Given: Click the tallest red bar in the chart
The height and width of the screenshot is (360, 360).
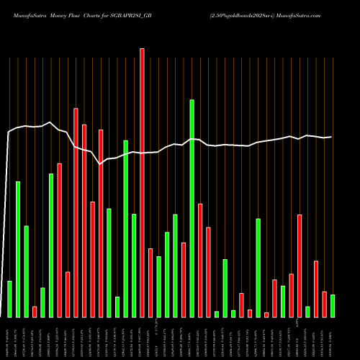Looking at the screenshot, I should pos(142,183).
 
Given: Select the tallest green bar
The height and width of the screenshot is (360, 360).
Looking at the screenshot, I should pos(192,208).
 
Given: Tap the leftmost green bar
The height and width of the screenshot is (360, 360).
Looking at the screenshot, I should pos(9,299).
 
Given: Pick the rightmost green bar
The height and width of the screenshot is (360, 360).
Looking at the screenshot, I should pos(333,305).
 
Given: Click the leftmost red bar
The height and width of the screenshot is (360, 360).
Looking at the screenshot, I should pos(35,311).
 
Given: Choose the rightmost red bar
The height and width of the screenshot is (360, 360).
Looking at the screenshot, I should pos(324,304).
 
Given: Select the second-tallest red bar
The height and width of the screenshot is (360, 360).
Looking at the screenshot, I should pos(76,212).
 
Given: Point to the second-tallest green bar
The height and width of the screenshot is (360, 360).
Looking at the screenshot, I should pos(125,228).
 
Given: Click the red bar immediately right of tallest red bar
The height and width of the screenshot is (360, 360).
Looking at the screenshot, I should pos(150,282).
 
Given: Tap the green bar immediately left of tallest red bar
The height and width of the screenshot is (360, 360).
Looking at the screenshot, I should pos(134,265).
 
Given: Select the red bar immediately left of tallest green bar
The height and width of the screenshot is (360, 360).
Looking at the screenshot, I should pos(184,279).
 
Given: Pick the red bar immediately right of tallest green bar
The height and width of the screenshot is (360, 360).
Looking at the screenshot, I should pos(200,260).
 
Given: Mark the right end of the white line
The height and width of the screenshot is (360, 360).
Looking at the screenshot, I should pos(331,137).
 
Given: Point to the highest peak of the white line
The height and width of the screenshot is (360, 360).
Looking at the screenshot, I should pos(50,122).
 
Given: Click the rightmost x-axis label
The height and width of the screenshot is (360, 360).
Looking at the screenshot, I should pos(333,338).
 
